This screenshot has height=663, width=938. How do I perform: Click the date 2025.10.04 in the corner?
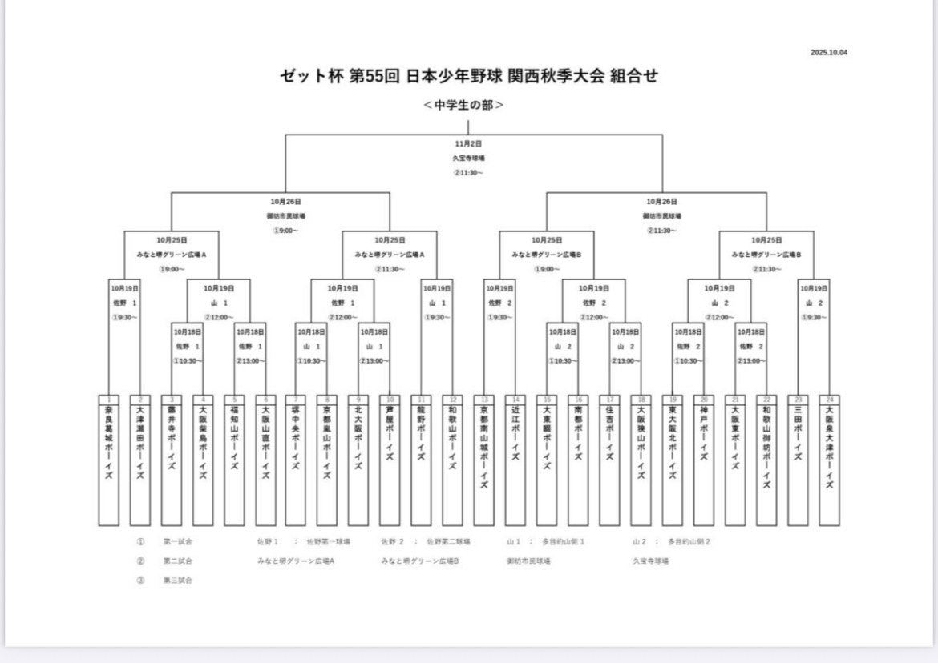coord(829,53)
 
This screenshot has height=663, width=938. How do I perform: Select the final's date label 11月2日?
coord(468,143)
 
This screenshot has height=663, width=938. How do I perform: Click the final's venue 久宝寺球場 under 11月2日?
coord(468,158)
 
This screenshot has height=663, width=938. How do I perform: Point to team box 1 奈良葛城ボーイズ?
coord(109,460)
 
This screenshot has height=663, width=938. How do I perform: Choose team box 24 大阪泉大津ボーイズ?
coord(829,460)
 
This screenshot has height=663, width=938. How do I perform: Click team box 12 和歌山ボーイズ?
coord(453,460)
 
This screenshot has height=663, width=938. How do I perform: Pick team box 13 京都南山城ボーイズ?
coord(484,460)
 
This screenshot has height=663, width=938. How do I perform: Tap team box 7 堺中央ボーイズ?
coord(296,460)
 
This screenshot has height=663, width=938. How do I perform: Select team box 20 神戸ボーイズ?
coord(704,460)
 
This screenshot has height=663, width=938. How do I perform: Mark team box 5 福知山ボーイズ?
coord(234,460)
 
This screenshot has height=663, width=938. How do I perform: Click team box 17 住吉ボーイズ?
coord(609,460)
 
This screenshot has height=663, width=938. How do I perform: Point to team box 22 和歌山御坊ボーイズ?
coord(766,460)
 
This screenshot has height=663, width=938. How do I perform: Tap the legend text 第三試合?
coord(177,580)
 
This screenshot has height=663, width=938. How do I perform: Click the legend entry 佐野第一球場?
coord(329,542)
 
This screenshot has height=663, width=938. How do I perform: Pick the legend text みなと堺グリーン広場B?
coord(420,561)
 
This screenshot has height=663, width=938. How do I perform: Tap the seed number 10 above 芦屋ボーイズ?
coord(390,399)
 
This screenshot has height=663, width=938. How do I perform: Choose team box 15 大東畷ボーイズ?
coord(547,460)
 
